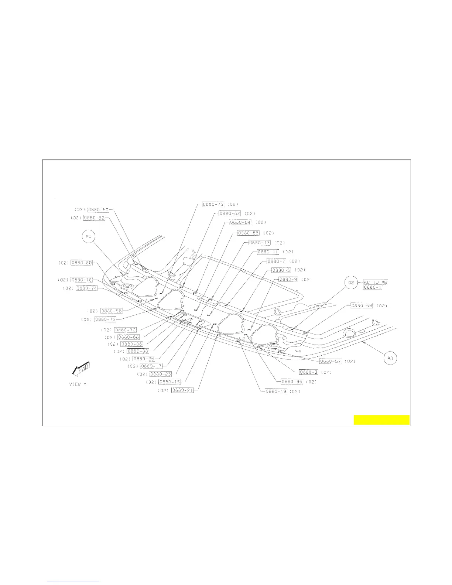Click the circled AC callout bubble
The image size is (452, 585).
click(89, 236)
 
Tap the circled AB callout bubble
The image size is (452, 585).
click(390, 358)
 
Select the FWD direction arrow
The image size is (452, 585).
click(81, 369)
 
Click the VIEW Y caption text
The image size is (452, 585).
click(78, 384)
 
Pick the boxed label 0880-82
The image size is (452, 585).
click(94, 218)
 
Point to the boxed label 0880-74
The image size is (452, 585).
click(87, 288)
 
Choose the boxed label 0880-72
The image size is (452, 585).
click(105, 319)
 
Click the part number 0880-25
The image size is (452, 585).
click(144, 359)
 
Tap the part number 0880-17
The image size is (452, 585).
click(151, 366)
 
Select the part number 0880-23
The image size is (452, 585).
click(161, 374)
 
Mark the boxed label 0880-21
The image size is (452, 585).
click(182, 390)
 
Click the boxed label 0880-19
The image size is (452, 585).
click(276, 391)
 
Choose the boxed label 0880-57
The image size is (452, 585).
click(331, 361)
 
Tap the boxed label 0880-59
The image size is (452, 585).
click(362, 306)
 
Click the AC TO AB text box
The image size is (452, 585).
click(376, 282)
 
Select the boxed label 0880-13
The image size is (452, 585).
click(259, 243)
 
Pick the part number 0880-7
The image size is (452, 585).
click(277, 261)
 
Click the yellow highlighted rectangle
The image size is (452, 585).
click(381, 420)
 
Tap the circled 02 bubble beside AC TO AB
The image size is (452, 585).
click(351, 283)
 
